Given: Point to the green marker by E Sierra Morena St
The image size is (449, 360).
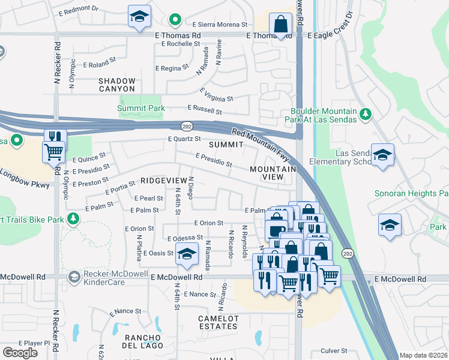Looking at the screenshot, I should point(175,21).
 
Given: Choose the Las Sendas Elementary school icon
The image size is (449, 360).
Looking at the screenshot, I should point(382,155).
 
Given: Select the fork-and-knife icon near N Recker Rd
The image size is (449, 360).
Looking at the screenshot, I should point(55,137).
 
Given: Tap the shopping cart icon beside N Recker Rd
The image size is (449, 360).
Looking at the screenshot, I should point(53,151).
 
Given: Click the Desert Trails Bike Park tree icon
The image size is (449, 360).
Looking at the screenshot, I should point(73,219).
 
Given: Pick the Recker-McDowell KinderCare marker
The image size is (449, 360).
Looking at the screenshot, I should point(73,277).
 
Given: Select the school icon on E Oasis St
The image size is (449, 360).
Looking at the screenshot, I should point(187,254).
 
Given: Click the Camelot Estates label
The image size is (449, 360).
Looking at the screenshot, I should point(218,322).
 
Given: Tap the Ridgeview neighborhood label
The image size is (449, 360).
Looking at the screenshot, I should point(164,180).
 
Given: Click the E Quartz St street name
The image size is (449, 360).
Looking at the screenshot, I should point(184,139).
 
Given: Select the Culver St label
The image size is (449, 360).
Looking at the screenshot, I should point(334,350).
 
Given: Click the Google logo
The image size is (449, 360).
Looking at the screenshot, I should point(20,353).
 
